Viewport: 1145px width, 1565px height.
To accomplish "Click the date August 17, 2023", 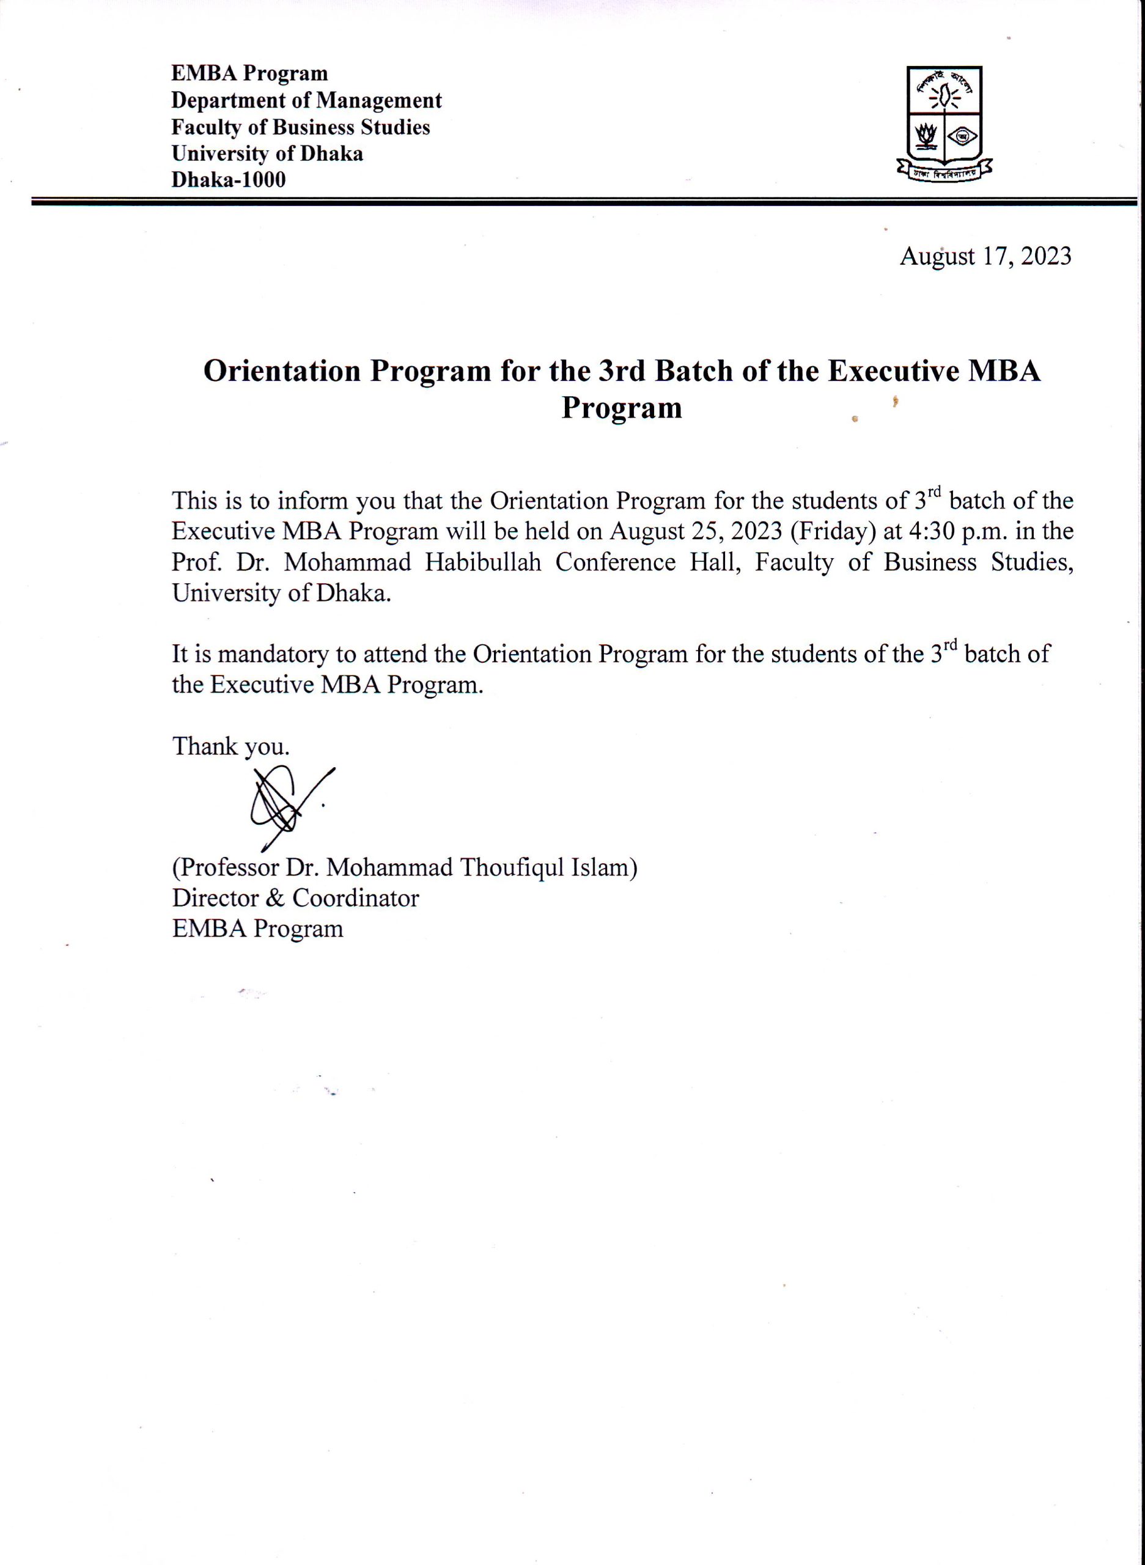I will click(x=985, y=256).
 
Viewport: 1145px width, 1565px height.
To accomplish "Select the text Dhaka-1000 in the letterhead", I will click(x=228, y=180).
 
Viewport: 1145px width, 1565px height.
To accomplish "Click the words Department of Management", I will click(x=306, y=100).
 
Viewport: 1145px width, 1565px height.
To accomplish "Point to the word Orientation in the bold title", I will click(x=281, y=372).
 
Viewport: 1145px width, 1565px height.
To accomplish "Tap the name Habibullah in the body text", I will click(x=482, y=562).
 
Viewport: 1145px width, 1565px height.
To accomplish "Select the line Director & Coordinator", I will click(x=295, y=898).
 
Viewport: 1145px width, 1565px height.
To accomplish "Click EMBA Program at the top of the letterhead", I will click(x=249, y=73).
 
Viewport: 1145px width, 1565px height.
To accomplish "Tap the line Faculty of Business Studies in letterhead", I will click(x=301, y=128).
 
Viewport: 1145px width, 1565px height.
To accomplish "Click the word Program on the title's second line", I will click(x=621, y=408).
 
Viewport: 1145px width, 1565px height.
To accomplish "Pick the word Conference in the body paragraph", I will click(x=616, y=562).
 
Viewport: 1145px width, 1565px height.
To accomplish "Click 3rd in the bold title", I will click(x=622, y=372).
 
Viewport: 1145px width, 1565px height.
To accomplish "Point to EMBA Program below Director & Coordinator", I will click(x=257, y=929).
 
